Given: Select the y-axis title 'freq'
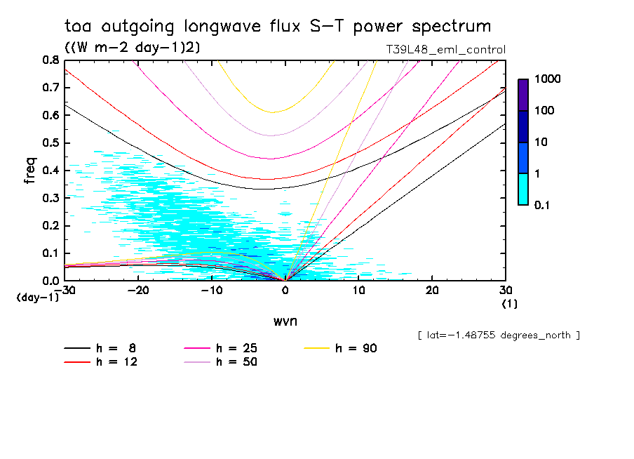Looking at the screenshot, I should coord(29,170).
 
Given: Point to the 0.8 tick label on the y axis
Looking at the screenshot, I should coord(50,60).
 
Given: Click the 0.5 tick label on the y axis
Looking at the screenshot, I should coord(50,143).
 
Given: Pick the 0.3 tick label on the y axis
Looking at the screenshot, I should coord(50,198).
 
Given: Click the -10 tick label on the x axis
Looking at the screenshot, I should coord(211,290).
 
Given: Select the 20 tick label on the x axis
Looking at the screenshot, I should coord(432,290).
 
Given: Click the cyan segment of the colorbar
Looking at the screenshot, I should coord(523,189).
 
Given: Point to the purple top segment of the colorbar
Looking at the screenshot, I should coord(523,95).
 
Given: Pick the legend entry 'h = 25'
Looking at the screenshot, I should coord(235,348).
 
